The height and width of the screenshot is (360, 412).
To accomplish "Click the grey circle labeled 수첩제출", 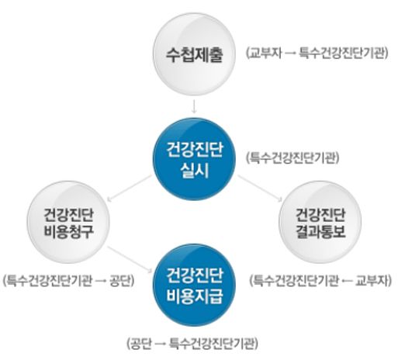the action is tap(195, 54).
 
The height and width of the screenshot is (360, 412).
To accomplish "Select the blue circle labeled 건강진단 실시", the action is tap(195, 159).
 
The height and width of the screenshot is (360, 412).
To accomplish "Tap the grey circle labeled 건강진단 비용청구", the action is tap(68, 223).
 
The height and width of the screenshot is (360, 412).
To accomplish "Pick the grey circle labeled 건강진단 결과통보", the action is tap(320, 223).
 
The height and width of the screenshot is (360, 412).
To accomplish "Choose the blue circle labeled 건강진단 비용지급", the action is tap(195, 285).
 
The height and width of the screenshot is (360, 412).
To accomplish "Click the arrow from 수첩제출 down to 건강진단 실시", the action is tap(194, 106).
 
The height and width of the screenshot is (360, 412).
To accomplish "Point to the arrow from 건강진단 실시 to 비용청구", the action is tap(130, 189).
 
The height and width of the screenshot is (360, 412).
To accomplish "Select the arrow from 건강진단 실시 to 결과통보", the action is tap(260, 189).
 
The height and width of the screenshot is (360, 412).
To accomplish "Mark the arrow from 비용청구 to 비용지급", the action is tap(130, 259).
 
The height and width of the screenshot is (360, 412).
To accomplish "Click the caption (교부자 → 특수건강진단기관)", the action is tap(317, 54).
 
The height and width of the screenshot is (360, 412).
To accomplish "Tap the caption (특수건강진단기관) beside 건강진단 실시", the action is tap(293, 158).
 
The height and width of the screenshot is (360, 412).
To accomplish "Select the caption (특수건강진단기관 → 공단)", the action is tap(69, 280).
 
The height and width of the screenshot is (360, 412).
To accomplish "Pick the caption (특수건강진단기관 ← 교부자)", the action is tap(320, 280).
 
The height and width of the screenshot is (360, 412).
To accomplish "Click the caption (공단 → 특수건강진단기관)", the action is tap(192, 343).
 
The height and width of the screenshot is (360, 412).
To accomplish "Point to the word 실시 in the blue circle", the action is tap(195, 170).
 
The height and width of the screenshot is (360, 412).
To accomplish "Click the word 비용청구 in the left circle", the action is tap(68, 231).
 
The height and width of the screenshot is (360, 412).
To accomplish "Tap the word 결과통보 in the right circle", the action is tap(320, 231).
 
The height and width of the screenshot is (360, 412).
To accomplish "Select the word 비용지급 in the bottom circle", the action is tap(195, 296).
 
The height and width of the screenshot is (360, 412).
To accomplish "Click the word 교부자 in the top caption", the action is tap(265, 54).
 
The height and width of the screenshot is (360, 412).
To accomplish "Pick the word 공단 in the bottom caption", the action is tap(141, 343).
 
